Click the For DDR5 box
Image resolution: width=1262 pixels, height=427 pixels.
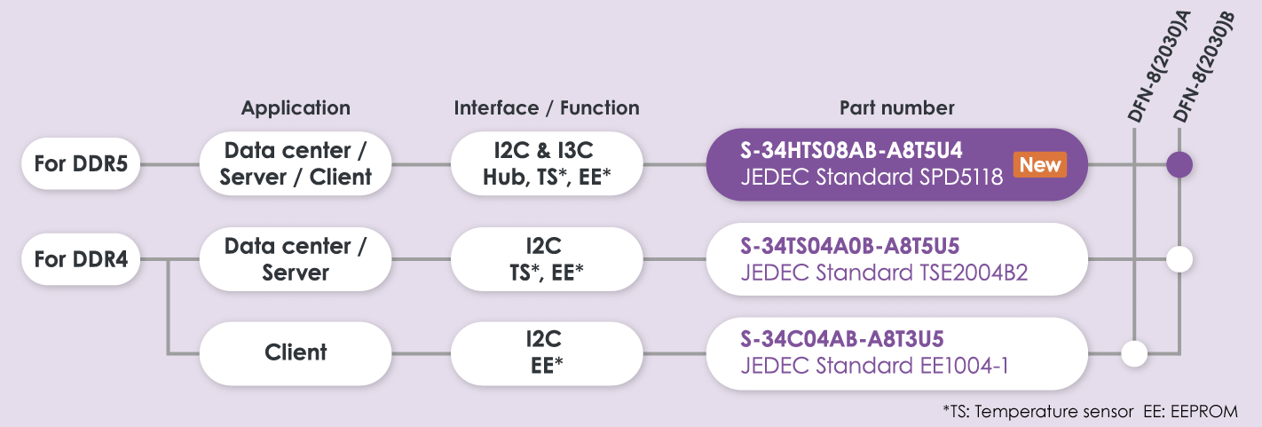tap(80, 164)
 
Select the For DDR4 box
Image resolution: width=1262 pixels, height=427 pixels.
tap(80, 260)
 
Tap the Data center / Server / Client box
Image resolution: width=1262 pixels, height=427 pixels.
tap(296, 164)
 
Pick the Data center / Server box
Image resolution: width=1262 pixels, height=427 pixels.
tap(296, 260)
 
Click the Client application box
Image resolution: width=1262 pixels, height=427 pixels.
tap(296, 352)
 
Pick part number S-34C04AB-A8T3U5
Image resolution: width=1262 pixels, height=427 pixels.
tap(841, 339)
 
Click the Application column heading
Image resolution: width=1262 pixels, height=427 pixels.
tap(296, 108)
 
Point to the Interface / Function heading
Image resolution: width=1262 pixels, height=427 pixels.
tap(547, 108)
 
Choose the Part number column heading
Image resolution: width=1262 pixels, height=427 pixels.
tap(896, 108)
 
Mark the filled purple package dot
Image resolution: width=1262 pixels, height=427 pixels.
tap(1179, 164)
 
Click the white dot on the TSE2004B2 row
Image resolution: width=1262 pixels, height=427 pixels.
tap(1179, 260)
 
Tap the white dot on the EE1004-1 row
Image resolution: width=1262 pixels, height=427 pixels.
tap(1134, 353)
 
